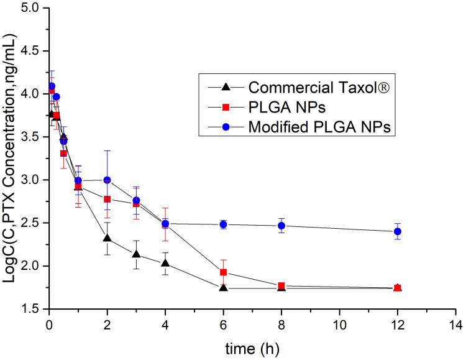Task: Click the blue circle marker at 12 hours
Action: click(x=398, y=231)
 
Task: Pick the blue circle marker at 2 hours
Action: click(x=107, y=180)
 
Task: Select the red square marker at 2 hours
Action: click(x=107, y=199)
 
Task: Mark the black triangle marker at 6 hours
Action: click(x=223, y=287)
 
